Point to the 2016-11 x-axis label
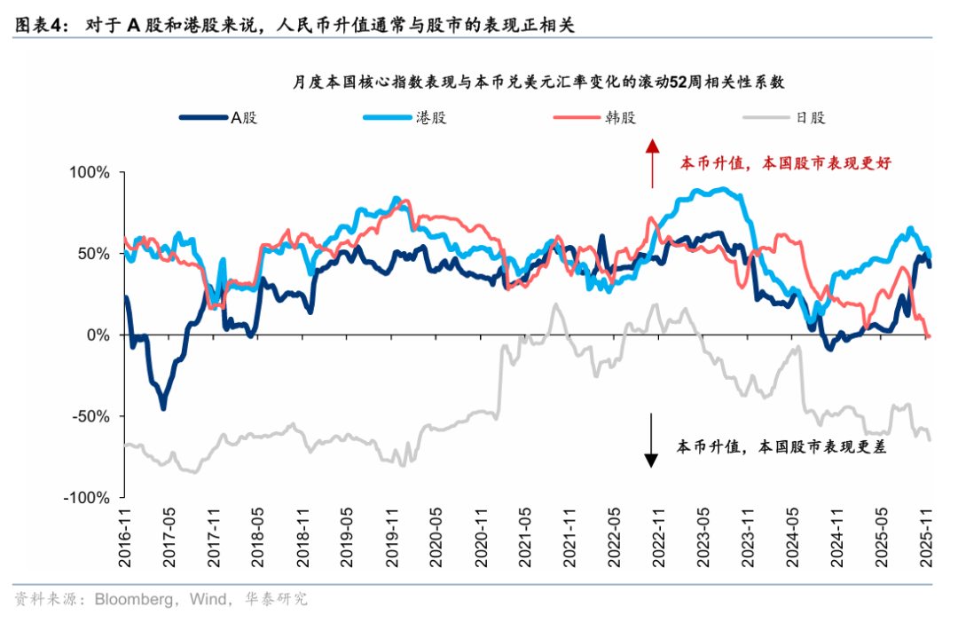point(126,533)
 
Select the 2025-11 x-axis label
point(928,533)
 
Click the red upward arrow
point(652,163)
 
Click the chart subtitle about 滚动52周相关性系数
point(540,83)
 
